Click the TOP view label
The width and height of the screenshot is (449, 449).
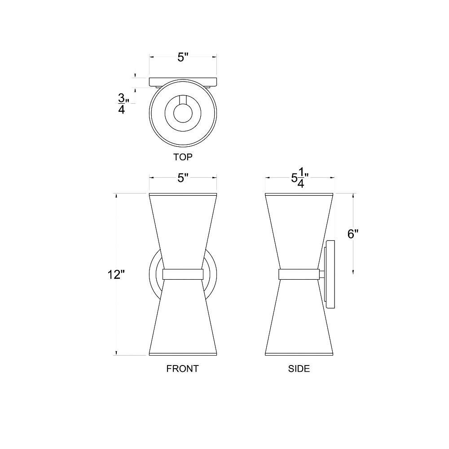tap(183, 157)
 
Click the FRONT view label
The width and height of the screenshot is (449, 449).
tap(182, 369)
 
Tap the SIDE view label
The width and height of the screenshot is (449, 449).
tap(299, 369)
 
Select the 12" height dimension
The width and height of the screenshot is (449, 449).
tap(116, 275)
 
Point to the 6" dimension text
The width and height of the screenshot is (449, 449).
tap(353, 234)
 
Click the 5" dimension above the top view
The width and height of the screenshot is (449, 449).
tap(183, 57)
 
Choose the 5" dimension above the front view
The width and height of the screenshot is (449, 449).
tap(183, 178)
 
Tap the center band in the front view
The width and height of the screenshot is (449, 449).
tap(183, 274)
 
